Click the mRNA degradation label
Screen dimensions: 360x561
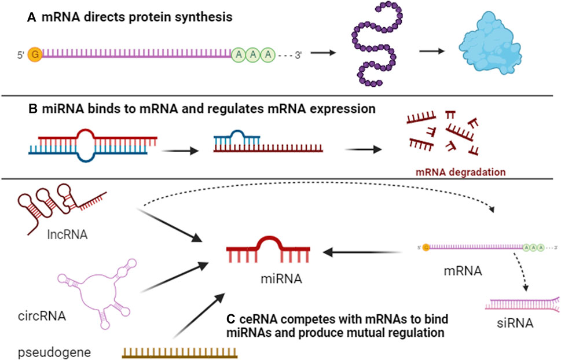tap(460, 171)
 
